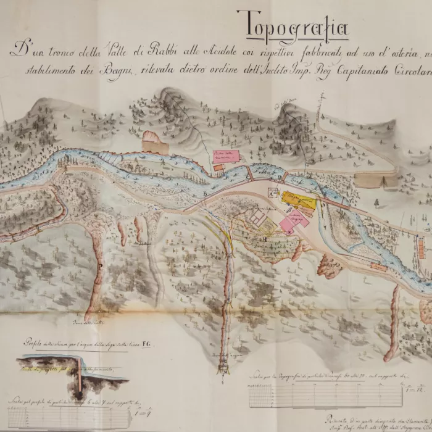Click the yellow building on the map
pos(298,200)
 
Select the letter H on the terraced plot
pos(264,238)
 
